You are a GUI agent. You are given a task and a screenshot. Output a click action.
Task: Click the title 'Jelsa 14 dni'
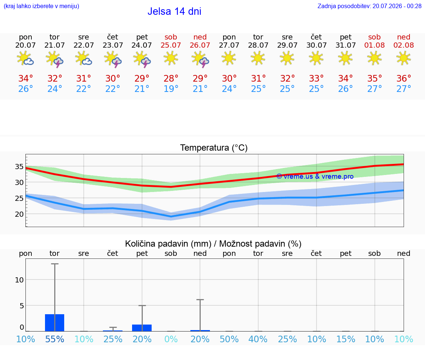pos(174,11)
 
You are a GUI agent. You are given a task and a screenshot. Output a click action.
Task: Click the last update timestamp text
pos(369,6)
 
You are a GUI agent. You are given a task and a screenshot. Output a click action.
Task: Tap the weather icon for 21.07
pos(55,59)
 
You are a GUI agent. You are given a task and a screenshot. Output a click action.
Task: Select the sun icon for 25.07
pos(171,58)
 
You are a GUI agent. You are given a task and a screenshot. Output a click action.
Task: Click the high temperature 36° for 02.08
pos(404,78)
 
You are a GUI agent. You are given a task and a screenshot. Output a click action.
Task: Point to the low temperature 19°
pos(171,89)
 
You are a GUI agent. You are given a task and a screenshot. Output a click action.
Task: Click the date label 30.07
pos(316,45)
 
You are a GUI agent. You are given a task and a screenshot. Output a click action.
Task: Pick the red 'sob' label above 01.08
pos(374,37)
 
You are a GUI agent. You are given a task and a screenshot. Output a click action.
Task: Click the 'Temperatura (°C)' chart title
pos(214,148)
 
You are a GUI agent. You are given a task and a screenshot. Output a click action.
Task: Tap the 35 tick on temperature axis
pos(19,167)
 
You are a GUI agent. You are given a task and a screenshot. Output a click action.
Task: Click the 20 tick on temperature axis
pos(19,214)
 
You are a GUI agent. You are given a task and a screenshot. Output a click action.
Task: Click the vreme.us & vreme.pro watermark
pos(315,176)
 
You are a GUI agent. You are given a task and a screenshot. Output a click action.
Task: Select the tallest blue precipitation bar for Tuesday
pos(55,323)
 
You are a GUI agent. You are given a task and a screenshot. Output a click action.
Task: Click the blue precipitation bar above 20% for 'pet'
pos(142,328)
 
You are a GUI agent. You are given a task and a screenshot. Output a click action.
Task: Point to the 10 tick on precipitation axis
pos(19,280)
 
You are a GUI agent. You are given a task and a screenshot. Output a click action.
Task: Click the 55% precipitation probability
pos(55,339)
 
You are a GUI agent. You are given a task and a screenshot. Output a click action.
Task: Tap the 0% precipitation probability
pos(171,339)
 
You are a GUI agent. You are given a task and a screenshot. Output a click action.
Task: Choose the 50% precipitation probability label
pos(229,339)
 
